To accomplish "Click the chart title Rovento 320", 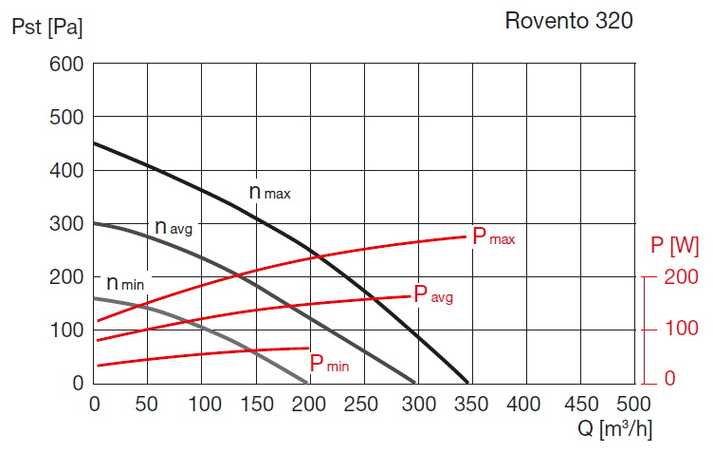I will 569,20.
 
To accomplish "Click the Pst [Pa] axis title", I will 46,28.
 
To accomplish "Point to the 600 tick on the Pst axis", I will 67,65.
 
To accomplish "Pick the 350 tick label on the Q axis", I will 469,404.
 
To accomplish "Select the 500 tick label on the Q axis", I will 631,404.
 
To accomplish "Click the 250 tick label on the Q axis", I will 362,404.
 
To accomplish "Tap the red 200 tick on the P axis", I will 682,277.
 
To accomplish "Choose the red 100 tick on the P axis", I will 682,329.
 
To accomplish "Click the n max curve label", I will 269,192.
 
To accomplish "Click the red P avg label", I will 432,294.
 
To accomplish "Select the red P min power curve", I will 190,350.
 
